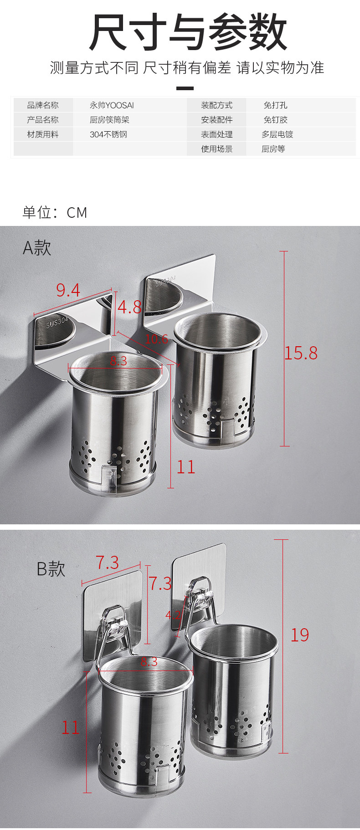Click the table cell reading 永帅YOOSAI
(x=112, y=105)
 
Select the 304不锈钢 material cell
(x=108, y=134)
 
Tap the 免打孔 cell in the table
(x=275, y=105)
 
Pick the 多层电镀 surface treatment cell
(x=277, y=134)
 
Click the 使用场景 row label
(x=217, y=149)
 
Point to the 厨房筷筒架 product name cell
(x=109, y=120)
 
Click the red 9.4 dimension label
(x=68, y=290)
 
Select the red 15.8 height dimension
(x=301, y=353)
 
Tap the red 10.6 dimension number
(x=156, y=338)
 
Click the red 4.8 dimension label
(x=129, y=307)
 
